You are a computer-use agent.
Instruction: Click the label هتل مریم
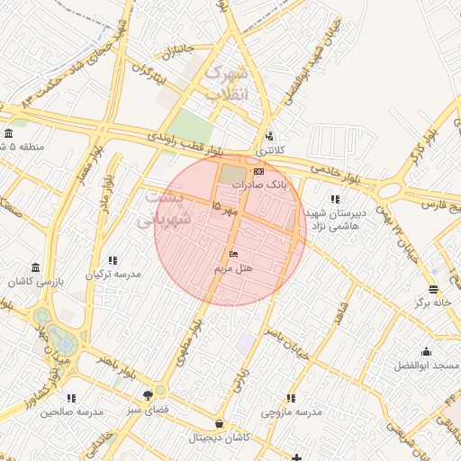(233, 269)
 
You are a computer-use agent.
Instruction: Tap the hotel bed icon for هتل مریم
(234, 256)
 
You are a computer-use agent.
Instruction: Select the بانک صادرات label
(258, 185)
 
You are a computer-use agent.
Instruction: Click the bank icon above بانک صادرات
(258, 171)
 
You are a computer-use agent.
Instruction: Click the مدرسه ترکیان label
(113, 274)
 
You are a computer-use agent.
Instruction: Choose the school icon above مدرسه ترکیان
(113, 260)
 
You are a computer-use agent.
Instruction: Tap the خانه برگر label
(432, 303)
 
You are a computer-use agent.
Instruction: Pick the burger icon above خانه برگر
(433, 290)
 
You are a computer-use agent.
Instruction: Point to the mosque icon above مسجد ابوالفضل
(426, 352)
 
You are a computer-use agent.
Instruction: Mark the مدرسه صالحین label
(72, 411)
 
